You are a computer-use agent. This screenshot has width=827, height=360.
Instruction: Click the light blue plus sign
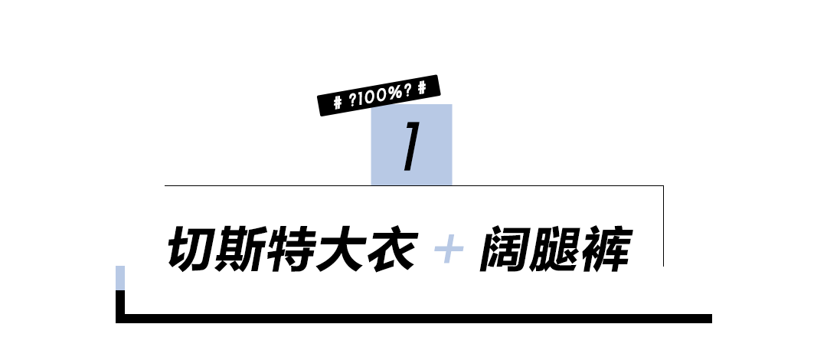coord(449,250)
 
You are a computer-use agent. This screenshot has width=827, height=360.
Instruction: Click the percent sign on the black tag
coord(394,94)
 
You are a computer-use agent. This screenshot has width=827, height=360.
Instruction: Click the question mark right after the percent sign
coord(407,92)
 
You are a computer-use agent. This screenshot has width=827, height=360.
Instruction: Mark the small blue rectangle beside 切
coord(119,278)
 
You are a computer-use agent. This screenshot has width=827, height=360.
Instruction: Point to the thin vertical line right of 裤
coord(663,225)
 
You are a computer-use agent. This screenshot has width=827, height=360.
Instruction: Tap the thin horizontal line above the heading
coord(268,185)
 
